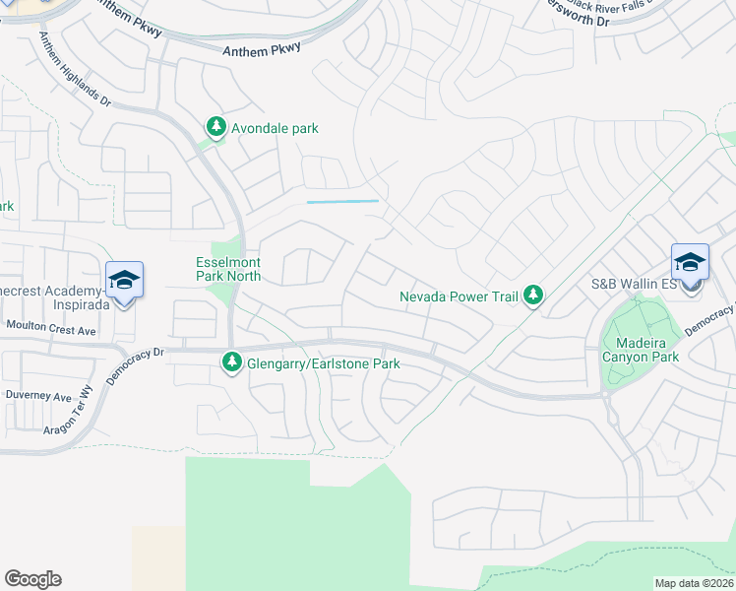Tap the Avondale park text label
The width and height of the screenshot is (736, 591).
tap(275, 128)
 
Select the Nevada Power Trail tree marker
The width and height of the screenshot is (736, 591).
tap(533, 295)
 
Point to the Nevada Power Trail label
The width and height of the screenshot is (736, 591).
tap(459, 295)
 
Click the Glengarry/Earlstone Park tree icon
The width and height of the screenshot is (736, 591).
tap(232, 363)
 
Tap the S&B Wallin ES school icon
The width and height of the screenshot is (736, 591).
tap(690, 264)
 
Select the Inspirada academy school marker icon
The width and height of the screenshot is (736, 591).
tap(125, 281)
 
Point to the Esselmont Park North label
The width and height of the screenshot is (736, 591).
tap(227, 270)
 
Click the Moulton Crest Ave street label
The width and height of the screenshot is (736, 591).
tap(51, 324)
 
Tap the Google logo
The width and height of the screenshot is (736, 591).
tap(32, 579)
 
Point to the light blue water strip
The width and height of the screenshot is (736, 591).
tap(342, 202)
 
